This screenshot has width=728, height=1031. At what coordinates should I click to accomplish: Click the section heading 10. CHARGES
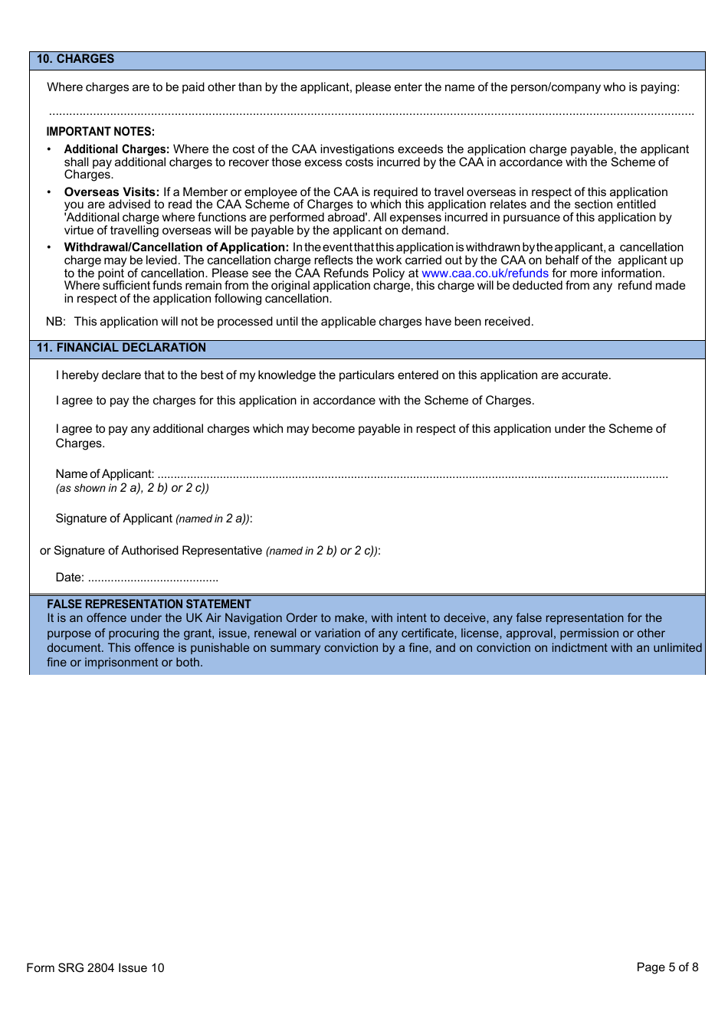click(75, 59)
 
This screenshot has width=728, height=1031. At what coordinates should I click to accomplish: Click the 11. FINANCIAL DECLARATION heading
click(121, 348)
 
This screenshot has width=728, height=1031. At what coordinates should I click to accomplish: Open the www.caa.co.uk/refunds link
click(484, 273)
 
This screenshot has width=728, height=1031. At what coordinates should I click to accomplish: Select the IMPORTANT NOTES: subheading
click(100, 132)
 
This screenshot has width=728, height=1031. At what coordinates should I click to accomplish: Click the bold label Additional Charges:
click(116, 149)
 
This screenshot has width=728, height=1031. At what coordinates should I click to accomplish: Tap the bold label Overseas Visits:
click(111, 192)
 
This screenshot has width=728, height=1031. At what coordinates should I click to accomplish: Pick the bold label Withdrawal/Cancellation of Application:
click(176, 247)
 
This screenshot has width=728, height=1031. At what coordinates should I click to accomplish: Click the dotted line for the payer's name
click(371, 113)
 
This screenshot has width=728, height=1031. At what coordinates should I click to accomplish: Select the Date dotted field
click(153, 578)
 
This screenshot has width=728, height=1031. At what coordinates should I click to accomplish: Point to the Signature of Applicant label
click(113, 519)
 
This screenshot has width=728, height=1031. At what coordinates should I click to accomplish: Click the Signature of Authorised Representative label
click(158, 551)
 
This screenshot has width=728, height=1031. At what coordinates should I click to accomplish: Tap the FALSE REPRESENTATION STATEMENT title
click(149, 604)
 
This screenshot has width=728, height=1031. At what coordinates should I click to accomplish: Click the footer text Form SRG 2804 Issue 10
click(95, 968)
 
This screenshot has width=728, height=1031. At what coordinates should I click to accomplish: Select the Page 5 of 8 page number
click(667, 967)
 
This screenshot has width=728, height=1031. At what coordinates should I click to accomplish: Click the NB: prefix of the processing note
click(55, 322)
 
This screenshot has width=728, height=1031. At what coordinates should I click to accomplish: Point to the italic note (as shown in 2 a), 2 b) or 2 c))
click(132, 488)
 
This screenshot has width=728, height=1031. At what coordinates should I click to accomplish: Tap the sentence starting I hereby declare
click(333, 375)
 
